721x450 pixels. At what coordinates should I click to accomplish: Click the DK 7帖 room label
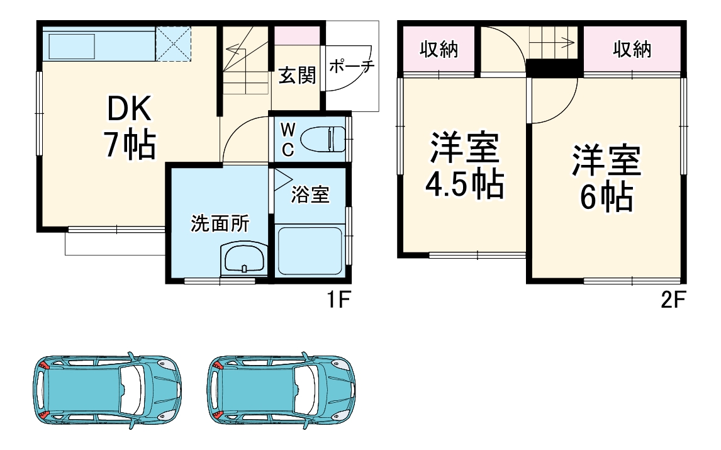(x=129, y=128)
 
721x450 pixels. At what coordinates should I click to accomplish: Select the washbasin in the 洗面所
(x=243, y=259)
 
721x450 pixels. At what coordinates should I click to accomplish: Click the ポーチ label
(x=351, y=67)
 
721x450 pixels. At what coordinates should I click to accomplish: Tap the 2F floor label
(x=672, y=301)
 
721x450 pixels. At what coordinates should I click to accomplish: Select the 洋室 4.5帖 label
(x=464, y=166)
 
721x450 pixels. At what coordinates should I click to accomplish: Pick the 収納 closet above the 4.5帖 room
(x=439, y=50)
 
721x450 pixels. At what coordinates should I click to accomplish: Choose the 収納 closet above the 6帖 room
(x=632, y=50)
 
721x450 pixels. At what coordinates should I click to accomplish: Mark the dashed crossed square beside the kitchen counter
(x=174, y=44)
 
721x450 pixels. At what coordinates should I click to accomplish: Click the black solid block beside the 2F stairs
(x=553, y=67)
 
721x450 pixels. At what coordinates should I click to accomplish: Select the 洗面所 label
(x=220, y=223)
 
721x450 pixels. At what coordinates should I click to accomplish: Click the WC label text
(x=287, y=139)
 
